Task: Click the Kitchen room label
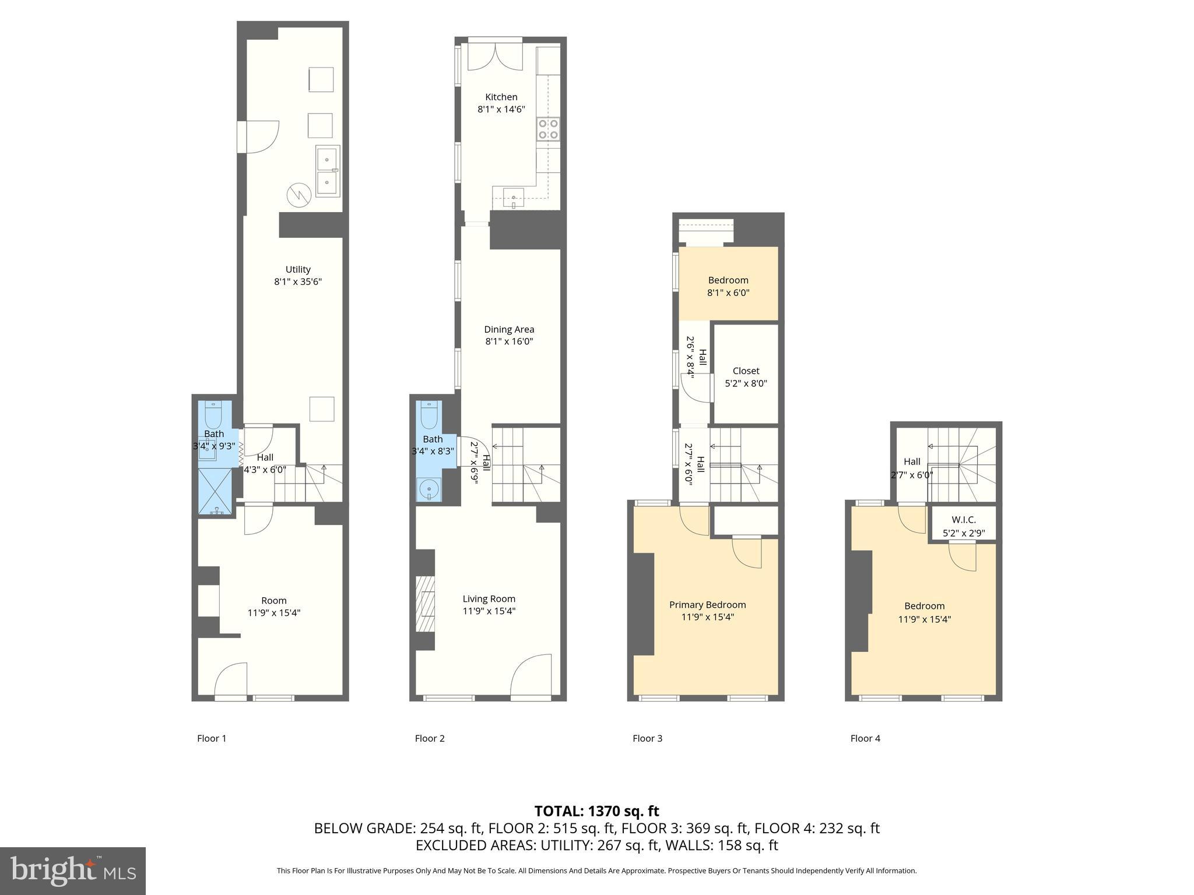[501, 97]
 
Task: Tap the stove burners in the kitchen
[548, 129]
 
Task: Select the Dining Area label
[509, 329]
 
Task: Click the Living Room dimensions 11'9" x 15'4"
[489, 611]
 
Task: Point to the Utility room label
[298, 269]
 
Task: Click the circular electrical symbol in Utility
[299, 195]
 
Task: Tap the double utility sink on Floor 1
[328, 171]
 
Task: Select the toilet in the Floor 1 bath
[213, 414]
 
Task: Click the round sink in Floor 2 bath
[429, 488]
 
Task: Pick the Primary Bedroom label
[707, 605]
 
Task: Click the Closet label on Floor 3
[746, 371]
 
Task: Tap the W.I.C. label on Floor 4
[963, 520]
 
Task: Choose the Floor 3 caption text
[647, 738]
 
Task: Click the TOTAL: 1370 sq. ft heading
[596, 811]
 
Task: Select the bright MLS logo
[72, 871]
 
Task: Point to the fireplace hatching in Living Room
[426, 604]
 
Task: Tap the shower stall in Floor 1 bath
[215, 491]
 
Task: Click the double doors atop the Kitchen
[495, 57]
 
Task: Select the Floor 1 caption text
[212, 738]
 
